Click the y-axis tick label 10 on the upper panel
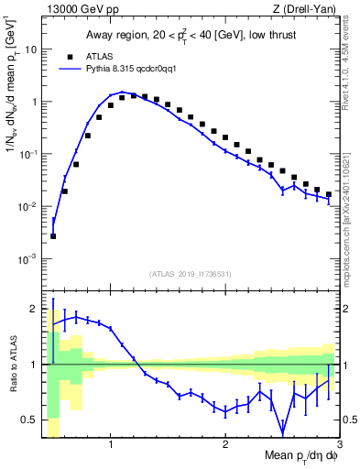30,49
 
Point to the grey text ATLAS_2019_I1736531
191,274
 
